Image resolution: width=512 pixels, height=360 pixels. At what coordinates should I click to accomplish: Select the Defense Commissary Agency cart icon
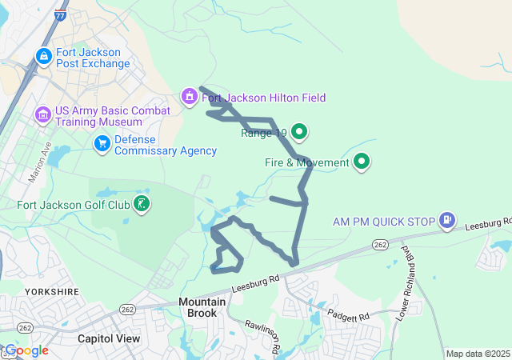tap(102, 144)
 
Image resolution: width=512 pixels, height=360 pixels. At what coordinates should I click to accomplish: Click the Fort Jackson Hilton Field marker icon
tap(190, 98)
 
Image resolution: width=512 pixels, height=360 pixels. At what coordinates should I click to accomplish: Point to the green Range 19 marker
tap(299, 131)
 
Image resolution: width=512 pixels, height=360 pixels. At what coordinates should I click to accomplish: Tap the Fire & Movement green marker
tap(362, 162)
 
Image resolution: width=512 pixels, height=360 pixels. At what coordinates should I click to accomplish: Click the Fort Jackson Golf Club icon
tap(141, 204)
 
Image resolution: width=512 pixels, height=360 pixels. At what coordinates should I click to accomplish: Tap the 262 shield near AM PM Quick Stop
tap(380, 244)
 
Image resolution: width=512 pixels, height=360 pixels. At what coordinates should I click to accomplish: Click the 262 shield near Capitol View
tap(127, 308)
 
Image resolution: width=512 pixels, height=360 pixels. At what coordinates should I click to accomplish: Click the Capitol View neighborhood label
tap(109, 338)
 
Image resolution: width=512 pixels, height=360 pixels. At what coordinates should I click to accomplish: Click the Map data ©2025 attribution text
tap(478, 354)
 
